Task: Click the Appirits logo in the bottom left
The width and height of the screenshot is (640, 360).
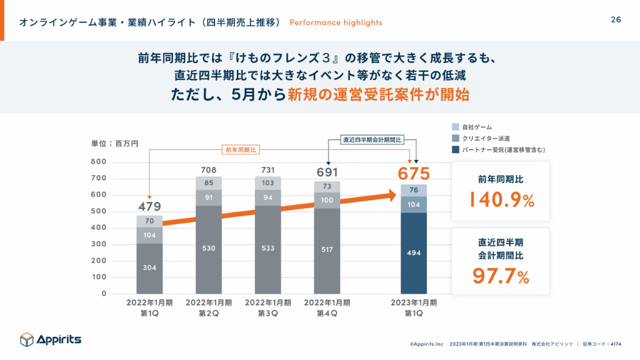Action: click(51, 339)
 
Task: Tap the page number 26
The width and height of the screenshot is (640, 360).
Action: click(616, 20)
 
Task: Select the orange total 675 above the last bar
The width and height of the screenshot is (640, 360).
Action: click(413, 172)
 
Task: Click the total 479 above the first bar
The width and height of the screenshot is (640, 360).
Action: click(149, 207)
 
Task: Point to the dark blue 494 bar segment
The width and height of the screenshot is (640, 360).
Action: click(413, 252)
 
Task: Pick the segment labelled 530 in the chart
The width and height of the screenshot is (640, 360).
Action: click(208, 248)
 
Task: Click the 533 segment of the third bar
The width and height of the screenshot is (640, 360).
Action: click(267, 248)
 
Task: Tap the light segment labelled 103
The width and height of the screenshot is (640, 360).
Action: click(267, 182)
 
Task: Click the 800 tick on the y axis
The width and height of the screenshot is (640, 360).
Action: click(99, 162)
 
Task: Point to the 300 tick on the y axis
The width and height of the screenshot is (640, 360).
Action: click(99, 244)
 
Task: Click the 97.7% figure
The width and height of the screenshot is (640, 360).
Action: click(500, 276)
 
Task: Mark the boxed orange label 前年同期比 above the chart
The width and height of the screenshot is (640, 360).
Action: click(241, 150)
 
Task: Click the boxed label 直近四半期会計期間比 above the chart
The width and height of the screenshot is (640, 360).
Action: click(372, 139)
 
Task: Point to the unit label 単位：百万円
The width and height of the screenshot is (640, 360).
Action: click(114, 144)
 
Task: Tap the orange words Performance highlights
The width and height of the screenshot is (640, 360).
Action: click(336, 22)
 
